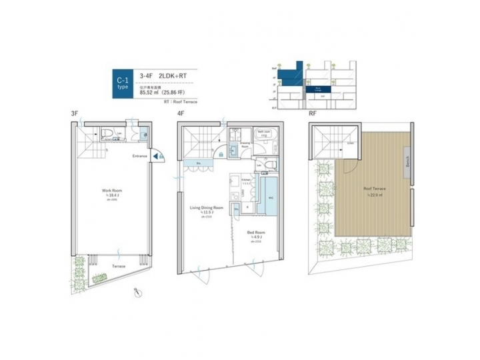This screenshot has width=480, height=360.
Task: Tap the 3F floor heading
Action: [x=75, y=114]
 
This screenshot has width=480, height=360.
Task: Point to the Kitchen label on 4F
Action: [x=245, y=180]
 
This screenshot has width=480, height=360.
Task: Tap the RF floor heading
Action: [x=313, y=114]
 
